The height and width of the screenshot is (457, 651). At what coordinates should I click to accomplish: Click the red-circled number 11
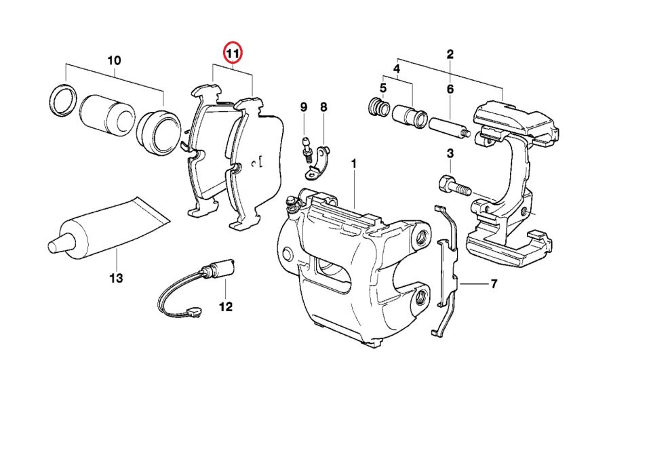(x=233, y=53)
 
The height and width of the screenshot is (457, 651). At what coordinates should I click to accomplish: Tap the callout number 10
(x=114, y=61)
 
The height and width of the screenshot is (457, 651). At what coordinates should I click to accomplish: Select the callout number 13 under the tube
(x=117, y=278)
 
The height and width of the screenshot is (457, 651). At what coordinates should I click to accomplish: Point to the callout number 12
(x=226, y=307)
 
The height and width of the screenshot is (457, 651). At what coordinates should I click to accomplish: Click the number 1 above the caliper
(x=353, y=164)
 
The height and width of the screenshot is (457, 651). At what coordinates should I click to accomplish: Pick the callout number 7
(x=494, y=284)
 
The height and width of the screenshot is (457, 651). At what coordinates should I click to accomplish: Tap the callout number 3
(x=450, y=155)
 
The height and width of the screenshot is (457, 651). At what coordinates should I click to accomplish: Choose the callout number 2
(x=450, y=54)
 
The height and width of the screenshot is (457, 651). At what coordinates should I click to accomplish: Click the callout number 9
(x=304, y=107)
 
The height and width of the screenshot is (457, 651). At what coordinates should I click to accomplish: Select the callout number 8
(x=323, y=107)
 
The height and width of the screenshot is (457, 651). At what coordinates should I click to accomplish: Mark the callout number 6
(x=450, y=89)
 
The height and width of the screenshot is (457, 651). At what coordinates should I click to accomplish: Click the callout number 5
(x=383, y=88)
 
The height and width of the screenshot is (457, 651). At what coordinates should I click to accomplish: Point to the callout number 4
(x=397, y=68)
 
